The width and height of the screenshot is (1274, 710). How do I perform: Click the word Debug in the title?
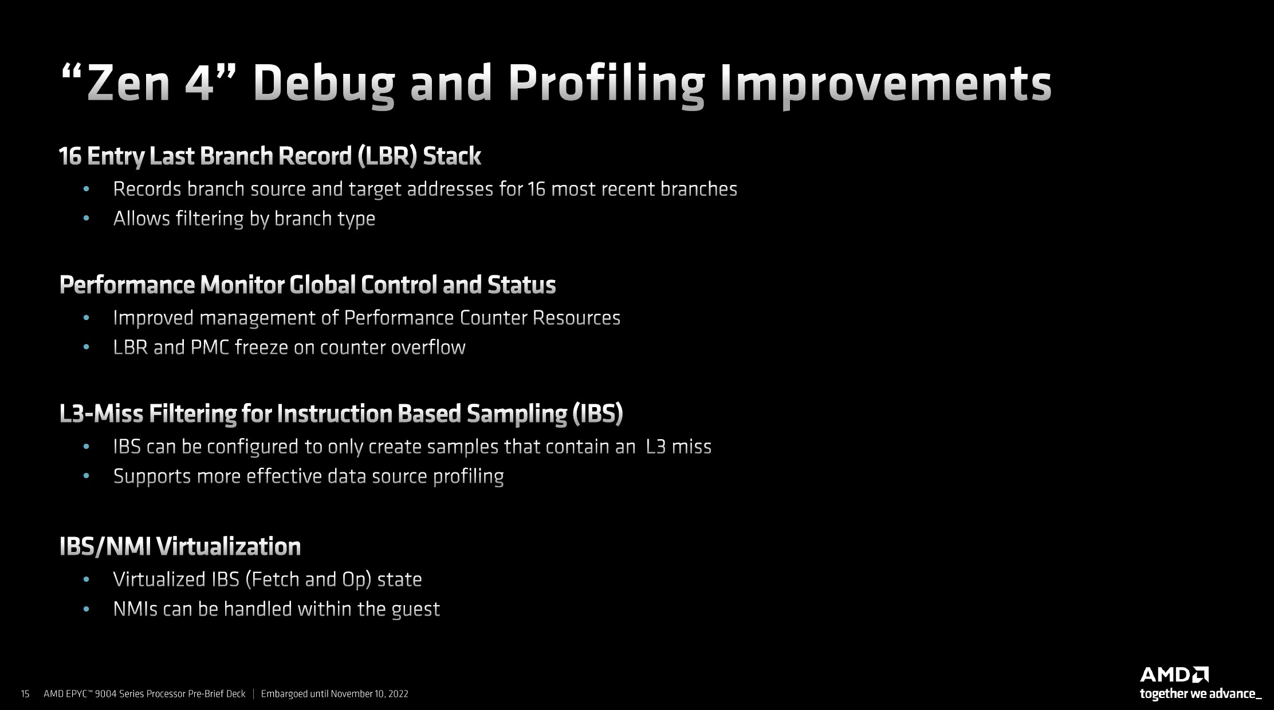(x=324, y=85)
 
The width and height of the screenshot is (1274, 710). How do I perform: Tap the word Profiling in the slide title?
(x=606, y=85)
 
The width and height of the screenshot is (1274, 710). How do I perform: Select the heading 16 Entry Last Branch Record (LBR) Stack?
(x=270, y=156)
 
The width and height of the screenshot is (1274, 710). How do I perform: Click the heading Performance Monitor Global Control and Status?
(x=308, y=285)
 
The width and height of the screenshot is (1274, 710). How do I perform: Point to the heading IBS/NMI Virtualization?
(x=180, y=547)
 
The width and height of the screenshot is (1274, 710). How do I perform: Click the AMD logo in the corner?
(x=1174, y=674)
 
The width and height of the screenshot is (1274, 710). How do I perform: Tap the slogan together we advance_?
(x=1200, y=694)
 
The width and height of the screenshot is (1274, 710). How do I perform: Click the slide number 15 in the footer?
(x=25, y=694)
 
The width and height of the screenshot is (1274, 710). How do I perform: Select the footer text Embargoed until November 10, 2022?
(x=335, y=694)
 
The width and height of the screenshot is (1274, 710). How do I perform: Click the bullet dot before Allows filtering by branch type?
(x=86, y=218)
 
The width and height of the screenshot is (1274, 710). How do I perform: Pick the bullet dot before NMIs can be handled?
(x=86, y=609)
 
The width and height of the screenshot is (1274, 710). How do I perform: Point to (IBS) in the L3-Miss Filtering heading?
(x=597, y=413)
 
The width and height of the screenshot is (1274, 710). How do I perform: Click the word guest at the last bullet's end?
(x=415, y=609)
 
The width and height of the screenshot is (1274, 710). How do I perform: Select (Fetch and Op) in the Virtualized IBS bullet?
(x=310, y=579)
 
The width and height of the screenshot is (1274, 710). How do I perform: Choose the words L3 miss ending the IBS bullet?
(x=678, y=447)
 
